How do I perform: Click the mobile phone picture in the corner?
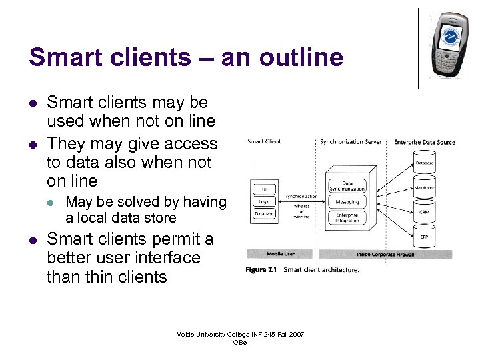449,43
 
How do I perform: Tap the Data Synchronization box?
347,186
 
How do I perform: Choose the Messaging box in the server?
347,202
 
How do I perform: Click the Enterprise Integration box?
347,218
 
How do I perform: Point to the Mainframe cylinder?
424,188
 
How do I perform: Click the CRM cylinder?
424,213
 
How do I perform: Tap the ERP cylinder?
424,237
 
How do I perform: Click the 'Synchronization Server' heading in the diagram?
351,141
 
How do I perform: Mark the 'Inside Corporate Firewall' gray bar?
385,254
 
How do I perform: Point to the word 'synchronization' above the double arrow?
301,196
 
